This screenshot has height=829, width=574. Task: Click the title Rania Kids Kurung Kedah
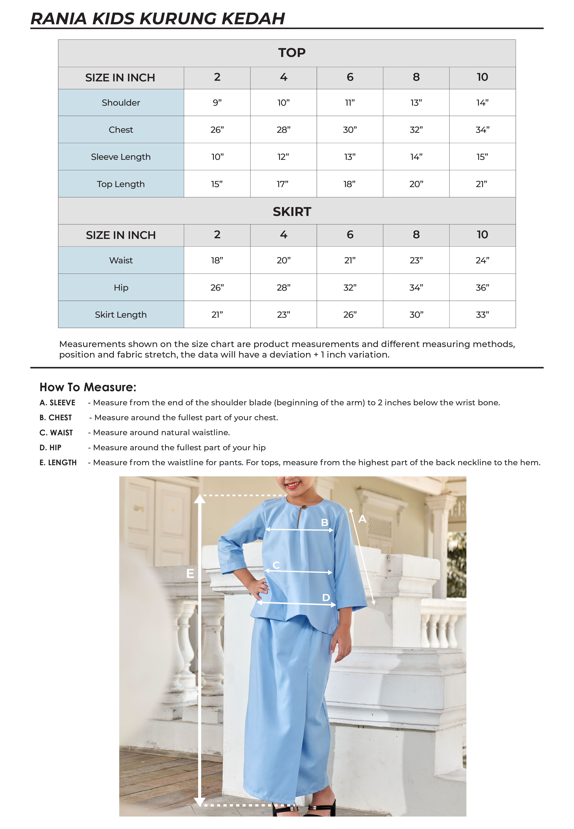tap(158, 19)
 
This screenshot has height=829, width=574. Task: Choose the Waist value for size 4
tap(283, 261)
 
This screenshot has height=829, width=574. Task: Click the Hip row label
tap(121, 288)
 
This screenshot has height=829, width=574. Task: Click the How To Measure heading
tap(88, 387)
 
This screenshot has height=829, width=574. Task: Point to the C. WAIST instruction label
tap(56, 433)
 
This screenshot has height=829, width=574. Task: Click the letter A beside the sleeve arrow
tap(362, 519)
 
